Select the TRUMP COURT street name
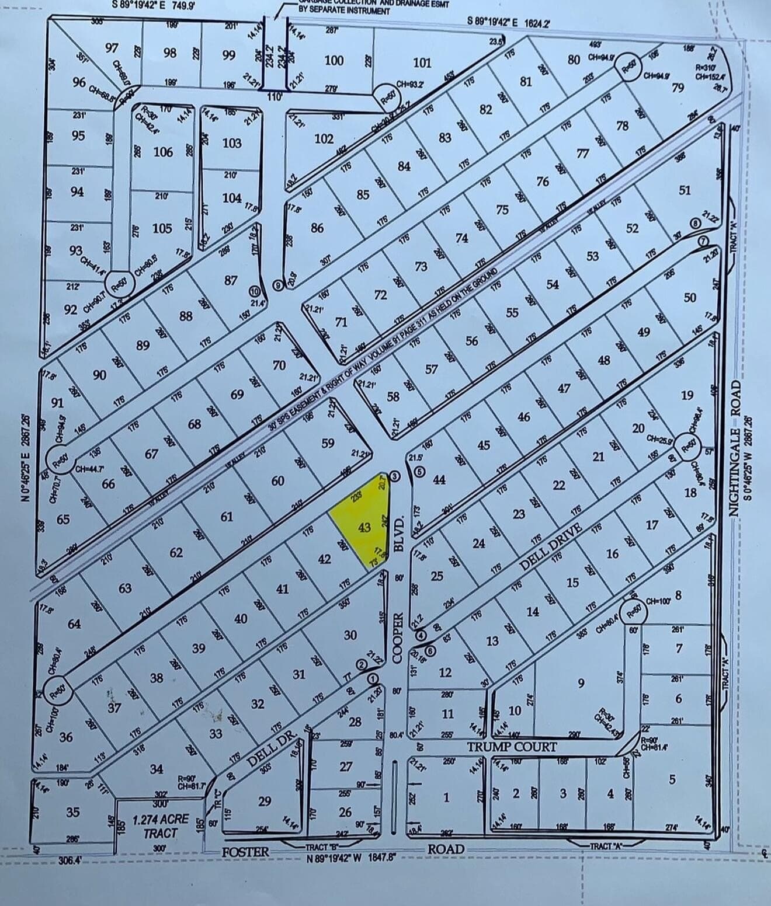[512, 747]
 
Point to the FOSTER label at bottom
[245, 852]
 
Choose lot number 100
[334, 60]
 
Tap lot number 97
[112, 48]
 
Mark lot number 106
[163, 152]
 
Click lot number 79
[678, 88]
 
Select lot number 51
[685, 190]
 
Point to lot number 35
[72, 812]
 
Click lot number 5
[672, 779]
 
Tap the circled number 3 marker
[394, 477]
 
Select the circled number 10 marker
[254, 291]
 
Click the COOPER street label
[398, 637]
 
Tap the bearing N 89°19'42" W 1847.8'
[352, 858]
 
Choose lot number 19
[687, 396]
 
